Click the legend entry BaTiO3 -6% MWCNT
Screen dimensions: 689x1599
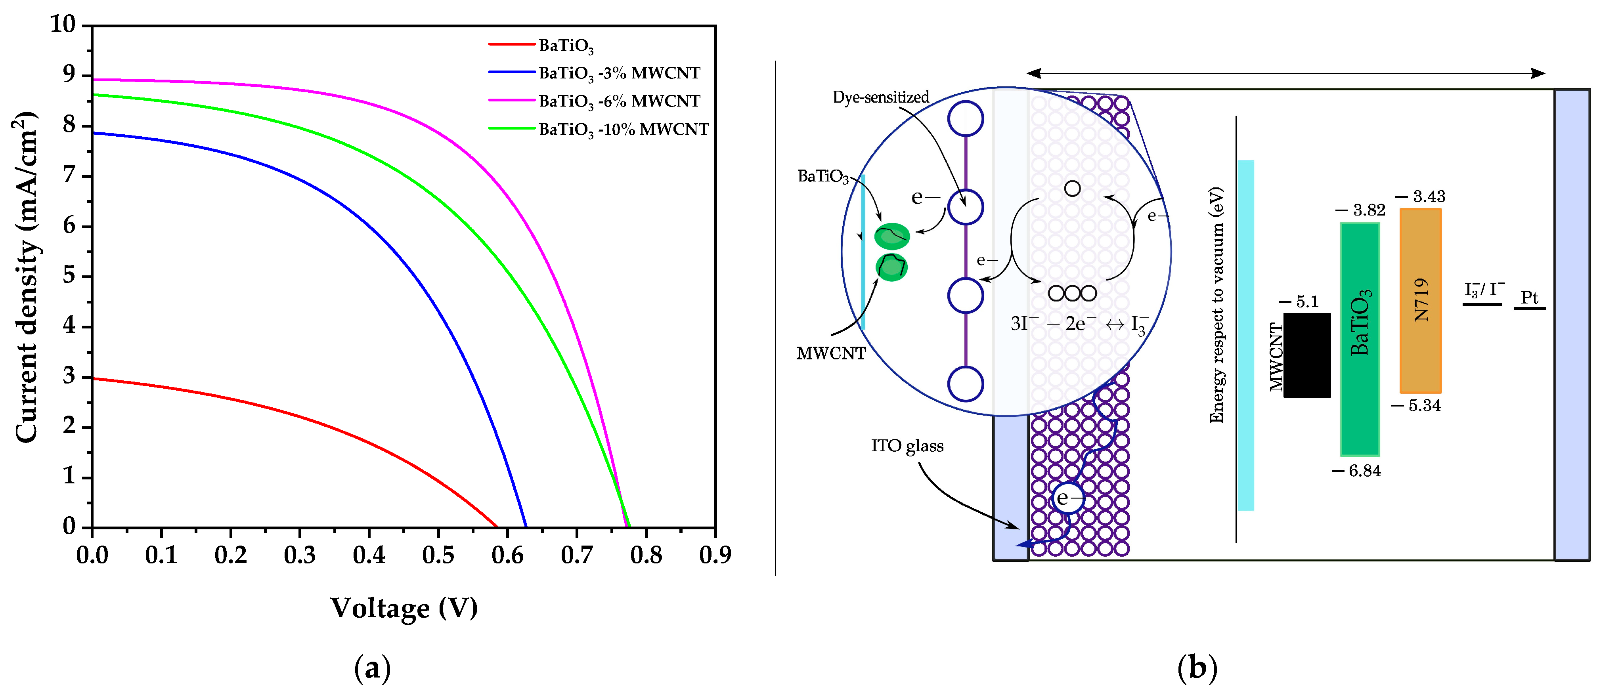tap(619, 101)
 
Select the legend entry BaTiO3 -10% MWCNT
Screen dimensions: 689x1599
tap(623, 129)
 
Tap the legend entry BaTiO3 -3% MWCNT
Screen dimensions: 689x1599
tap(619, 73)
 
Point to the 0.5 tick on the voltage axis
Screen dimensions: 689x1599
tap(438, 554)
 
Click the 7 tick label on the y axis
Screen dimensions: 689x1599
tap(69, 176)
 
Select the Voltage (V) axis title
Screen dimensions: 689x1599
tap(404, 608)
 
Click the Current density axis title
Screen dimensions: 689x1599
tap(26, 277)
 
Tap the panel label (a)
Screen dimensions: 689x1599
tap(373, 668)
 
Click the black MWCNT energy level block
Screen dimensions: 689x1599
tap(1306, 355)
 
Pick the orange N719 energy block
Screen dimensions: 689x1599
tap(1420, 300)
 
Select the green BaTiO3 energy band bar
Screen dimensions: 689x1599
tap(1360, 339)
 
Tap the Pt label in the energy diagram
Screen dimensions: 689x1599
tap(1530, 298)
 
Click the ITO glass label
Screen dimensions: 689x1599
tap(907, 446)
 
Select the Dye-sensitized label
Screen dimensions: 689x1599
tap(881, 97)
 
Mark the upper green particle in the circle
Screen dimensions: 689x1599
tap(892, 236)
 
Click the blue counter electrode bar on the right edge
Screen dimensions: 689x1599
tap(1572, 324)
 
